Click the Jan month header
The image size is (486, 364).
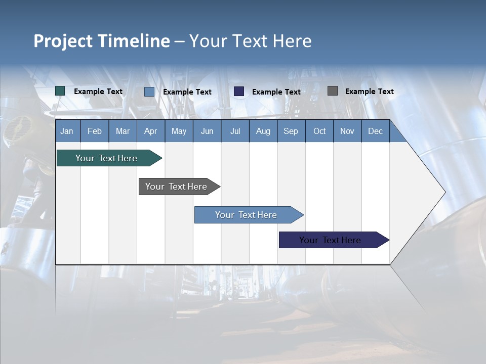coord(67,131)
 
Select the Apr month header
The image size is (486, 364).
coord(150,131)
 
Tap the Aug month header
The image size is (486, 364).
coord(263,131)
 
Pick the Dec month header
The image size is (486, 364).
coord(375,131)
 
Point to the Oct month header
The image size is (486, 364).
coord(319,131)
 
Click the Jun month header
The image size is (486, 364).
coord(207,131)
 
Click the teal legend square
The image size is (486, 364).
coord(60,91)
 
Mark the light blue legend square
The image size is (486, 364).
coord(149,92)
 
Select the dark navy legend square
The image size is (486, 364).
coord(239,91)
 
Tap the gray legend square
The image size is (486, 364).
coord(332,91)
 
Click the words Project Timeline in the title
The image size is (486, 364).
coord(101,41)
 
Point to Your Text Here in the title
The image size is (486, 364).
coord(250,41)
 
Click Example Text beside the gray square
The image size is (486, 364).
coord(369,92)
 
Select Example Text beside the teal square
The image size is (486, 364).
coord(98,92)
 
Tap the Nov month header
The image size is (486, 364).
coord(347,131)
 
